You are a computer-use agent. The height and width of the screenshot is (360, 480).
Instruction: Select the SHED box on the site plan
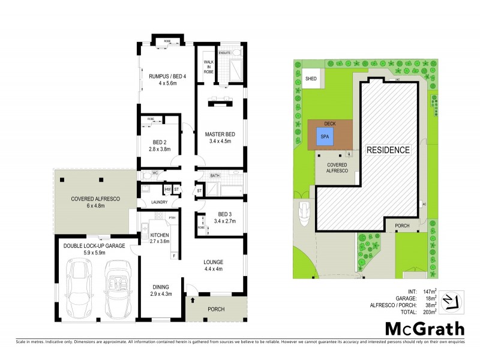pos(311,79)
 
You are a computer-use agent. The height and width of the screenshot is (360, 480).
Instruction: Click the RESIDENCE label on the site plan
pos(388,149)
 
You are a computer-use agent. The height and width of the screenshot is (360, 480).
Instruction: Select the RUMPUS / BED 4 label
pos(167,76)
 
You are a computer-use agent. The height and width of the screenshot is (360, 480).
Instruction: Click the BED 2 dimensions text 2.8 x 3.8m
pos(160,149)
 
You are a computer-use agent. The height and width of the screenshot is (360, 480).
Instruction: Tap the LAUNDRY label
pos(159,202)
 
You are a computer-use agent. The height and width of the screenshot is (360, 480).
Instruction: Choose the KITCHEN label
pos(160,235)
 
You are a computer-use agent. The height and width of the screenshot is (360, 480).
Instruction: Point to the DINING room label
pos(160,287)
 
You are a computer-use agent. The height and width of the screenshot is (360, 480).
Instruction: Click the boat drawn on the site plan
pos(305,214)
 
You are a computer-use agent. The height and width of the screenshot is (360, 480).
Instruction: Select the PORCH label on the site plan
pos(402,226)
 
